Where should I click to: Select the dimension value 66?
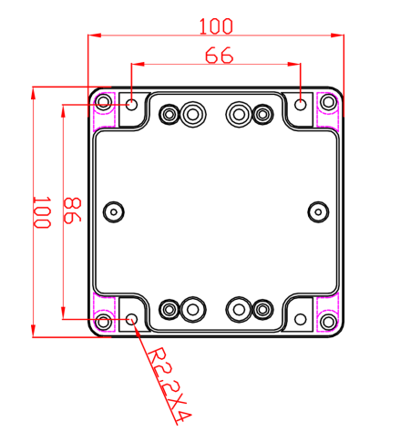(218, 55)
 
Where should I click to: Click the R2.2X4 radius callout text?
(170, 387)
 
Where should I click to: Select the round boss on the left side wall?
(113, 211)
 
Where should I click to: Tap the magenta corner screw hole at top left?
(103, 103)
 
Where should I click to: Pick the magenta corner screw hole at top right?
(327, 103)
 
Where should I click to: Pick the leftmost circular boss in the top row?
(170, 114)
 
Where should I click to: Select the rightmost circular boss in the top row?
(263, 114)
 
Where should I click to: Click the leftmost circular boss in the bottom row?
(170, 309)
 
